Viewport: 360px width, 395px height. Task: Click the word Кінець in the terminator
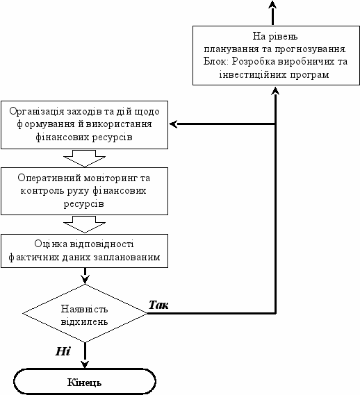(x=84, y=383)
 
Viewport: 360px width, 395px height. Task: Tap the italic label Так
(x=158, y=305)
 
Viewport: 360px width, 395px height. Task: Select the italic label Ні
(x=63, y=351)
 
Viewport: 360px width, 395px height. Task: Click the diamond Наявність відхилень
(x=85, y=313)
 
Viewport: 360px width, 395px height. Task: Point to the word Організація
(x=37, y=112)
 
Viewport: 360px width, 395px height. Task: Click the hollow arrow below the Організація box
(x=84, y=158)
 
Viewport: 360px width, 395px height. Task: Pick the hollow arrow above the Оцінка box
(x=84, y=224)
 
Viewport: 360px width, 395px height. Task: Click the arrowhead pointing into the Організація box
(x=173, y=124)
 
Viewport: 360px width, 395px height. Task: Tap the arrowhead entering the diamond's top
(x=85, y=280)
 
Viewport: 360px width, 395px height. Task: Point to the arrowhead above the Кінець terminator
(x=85, y=364)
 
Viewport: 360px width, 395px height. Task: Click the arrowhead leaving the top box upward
(x=272, y=5)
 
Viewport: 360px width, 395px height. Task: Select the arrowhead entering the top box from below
(x=275, y=90)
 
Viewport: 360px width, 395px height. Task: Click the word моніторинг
(x=111, y=178)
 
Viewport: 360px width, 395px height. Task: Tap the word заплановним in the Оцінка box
(x=127, y=258)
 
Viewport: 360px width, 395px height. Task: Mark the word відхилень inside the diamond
(x=85, y=321)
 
